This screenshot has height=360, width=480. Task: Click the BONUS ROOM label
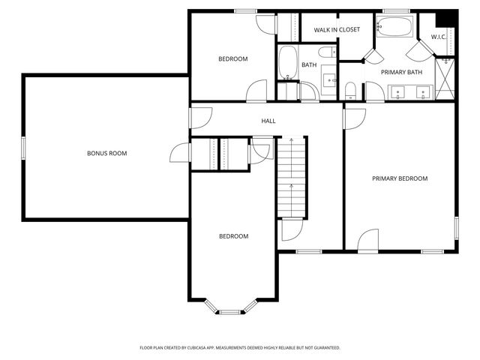coord(106,153)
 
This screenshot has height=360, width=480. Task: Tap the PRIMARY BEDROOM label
coord(400,178)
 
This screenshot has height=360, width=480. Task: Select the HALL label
coord(268,121)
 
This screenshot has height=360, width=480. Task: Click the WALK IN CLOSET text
coord(336,30)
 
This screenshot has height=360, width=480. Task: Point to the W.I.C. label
coord(439,37)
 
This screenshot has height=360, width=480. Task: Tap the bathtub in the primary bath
coord(394,27)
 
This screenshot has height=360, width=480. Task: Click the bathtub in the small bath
coord(288,63)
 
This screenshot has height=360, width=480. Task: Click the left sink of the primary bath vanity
coord(400,93)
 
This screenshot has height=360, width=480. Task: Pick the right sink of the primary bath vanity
coord(424,93)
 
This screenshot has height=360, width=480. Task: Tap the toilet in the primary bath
coord(350,91)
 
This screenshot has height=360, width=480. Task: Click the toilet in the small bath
coord(327,52)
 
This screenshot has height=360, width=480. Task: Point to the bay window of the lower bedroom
coord(231,307)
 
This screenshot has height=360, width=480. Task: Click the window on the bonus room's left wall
coord(23,147)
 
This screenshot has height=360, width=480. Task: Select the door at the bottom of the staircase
coord(292,230)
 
